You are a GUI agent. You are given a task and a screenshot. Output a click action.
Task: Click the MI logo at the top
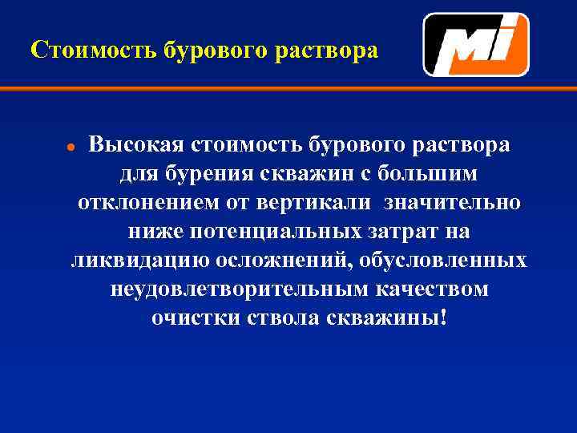[476, 45]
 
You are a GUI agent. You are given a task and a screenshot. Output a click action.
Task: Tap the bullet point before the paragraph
[71, 148]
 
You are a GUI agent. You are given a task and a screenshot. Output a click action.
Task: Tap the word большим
[420, 174]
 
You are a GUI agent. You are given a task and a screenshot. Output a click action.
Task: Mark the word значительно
[452, 203]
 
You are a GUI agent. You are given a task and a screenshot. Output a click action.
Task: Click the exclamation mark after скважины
[444, 318]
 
